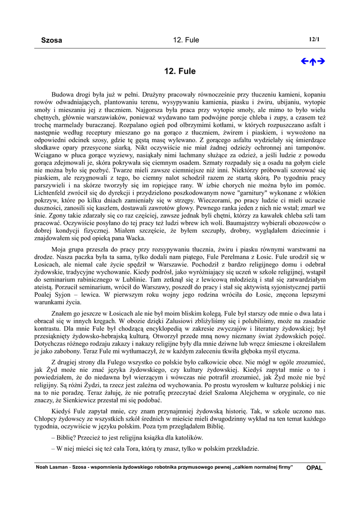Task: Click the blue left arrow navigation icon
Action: [305, 62]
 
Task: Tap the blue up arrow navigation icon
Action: [313, 62]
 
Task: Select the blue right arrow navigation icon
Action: [321, 62]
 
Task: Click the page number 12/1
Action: [314, 39]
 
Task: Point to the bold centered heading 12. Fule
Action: [180, 72]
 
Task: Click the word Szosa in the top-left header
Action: [51, 40]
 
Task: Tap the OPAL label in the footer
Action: [314, 468]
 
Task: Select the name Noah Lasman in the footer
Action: [51, 467]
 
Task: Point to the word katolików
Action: [186, 438]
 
